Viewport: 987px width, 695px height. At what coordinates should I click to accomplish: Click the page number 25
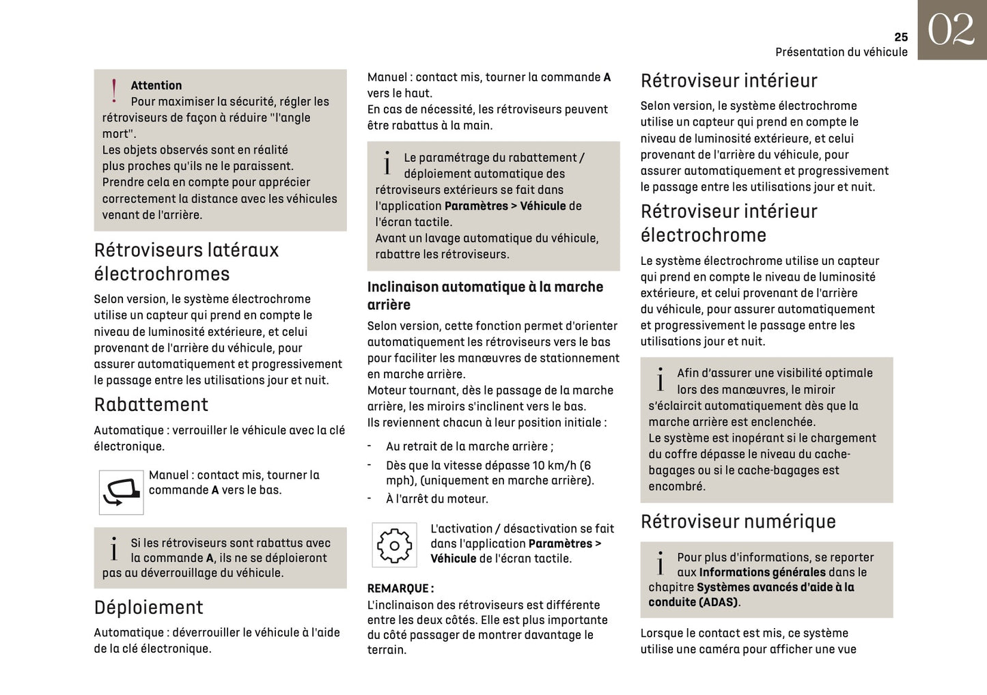pos(900,37)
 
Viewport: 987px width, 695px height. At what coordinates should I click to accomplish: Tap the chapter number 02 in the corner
pos(951,30)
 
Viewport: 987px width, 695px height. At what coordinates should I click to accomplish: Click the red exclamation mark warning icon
pos(114,91)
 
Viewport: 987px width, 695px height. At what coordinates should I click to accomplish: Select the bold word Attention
pos(156,85)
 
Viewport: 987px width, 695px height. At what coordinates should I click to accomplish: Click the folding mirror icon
pos(121,492)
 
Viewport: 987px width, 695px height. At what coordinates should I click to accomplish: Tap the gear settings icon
pos(394,545)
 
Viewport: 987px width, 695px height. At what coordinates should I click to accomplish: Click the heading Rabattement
pos(151,405)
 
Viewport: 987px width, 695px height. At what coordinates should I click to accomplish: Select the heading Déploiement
pos(148,608)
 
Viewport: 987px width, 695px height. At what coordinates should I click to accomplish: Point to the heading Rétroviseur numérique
pos(738,522)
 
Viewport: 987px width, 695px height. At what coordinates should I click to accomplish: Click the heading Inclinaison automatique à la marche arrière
pos(485,296)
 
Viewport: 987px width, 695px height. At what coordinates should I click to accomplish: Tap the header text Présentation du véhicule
pos(841,53)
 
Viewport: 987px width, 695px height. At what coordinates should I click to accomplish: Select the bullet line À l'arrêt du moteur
pos(437,499)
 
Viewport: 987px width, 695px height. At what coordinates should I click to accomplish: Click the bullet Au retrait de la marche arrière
pos(469,446)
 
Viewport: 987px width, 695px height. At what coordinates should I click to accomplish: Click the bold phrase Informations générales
pos(762,572)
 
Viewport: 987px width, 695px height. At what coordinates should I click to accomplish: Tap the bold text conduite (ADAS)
pos(693,602)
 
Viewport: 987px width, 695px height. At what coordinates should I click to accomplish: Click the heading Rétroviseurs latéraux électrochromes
pos(186,262)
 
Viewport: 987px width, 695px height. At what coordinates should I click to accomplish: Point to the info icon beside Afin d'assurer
pos(660,380)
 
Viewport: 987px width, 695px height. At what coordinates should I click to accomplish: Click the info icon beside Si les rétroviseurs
pos(114,550)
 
